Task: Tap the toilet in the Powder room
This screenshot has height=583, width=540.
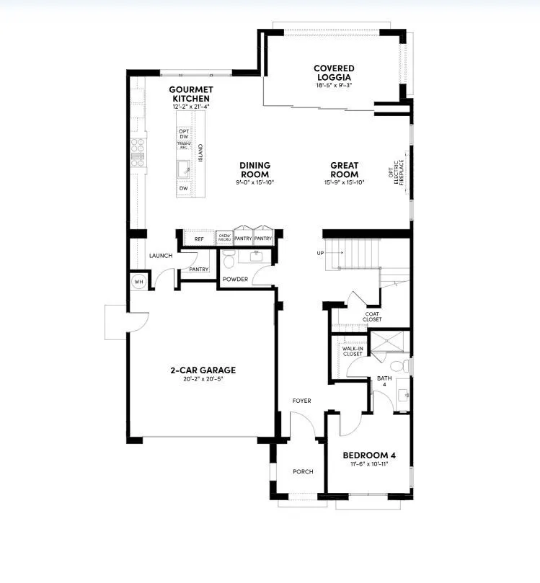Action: (x=229, y=258)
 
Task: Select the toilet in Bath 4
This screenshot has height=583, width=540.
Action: (x=405, y=367)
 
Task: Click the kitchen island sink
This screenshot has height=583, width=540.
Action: (x=184, y=169)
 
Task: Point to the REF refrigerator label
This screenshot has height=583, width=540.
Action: (x=198, y=239)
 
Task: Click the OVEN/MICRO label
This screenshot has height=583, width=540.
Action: (x=223, y=237)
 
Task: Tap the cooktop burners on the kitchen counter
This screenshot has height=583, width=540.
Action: (x=137, y=151)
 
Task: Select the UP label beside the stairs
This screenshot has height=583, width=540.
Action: (x=319, y=254)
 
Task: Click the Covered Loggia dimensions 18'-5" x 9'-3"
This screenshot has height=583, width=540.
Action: (x=334, y=86)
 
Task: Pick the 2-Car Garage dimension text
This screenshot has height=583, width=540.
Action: (x=203, y=379)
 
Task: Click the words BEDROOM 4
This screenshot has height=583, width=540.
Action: (x=368, y=455)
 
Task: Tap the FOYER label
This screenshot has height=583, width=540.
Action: (x=301, y=401)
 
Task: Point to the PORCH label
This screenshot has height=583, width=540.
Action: (x=303, y=472)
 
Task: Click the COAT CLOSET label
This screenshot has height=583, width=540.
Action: (x=373, y=316)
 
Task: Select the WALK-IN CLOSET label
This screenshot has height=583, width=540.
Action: (x=353, y=352)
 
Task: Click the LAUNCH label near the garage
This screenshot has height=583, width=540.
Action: (x=160, y=256)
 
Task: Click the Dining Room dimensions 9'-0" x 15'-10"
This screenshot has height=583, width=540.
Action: (x=255, y=182)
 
